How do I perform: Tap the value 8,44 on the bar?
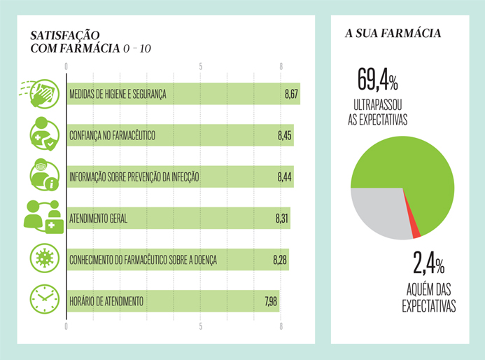click(284, 176)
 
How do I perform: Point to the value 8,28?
click(280, 260)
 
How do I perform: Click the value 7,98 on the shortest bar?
click(271, 301)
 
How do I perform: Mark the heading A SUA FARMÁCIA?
click(398, 33)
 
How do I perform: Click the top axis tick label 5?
click(201, 67)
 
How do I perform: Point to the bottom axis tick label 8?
click(281, 326)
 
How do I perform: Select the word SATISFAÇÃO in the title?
click(65, 34)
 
